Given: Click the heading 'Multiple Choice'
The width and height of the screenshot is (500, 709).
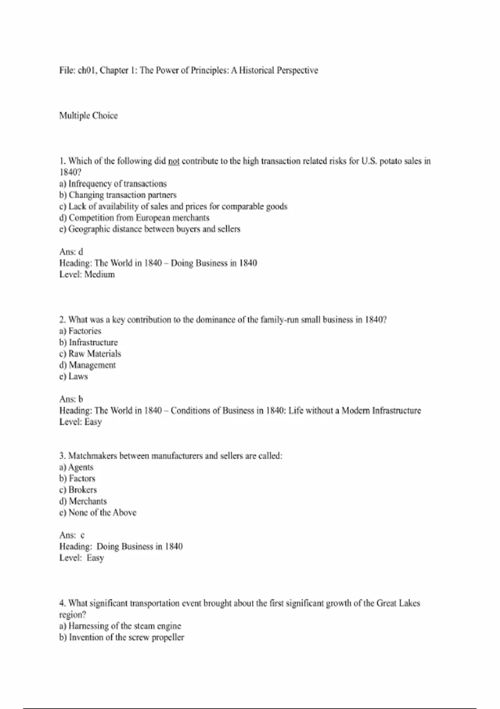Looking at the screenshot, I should pyautogui.click(x=88, y=116).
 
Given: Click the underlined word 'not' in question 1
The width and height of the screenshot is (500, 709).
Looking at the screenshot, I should pyautogui.click(x=174, y=161).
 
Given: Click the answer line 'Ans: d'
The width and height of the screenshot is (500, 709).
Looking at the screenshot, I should pyautogui.click(x=71, y=251).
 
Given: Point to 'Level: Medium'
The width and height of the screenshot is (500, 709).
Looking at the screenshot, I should pyautogui.click(x=87, y=274).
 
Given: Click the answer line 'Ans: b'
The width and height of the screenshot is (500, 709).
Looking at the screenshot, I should pyautogui.click(x=71, y=399).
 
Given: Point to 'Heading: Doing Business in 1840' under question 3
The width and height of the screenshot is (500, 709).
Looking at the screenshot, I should pyautogui.click(x=121, y=546).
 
